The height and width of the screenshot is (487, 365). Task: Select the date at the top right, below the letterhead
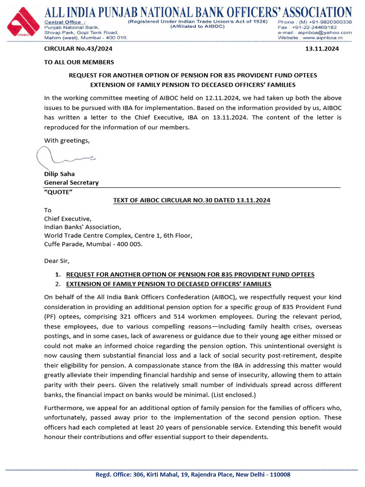tap(325, 49)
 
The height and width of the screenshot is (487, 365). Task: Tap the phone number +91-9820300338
tap(328, 22)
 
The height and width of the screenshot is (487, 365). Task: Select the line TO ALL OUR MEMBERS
tap(79, 62)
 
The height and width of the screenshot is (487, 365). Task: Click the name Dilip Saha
tap(59, 174)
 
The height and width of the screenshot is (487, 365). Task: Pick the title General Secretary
tap(71, 183)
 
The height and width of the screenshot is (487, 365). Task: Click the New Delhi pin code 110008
tap(279, 475)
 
